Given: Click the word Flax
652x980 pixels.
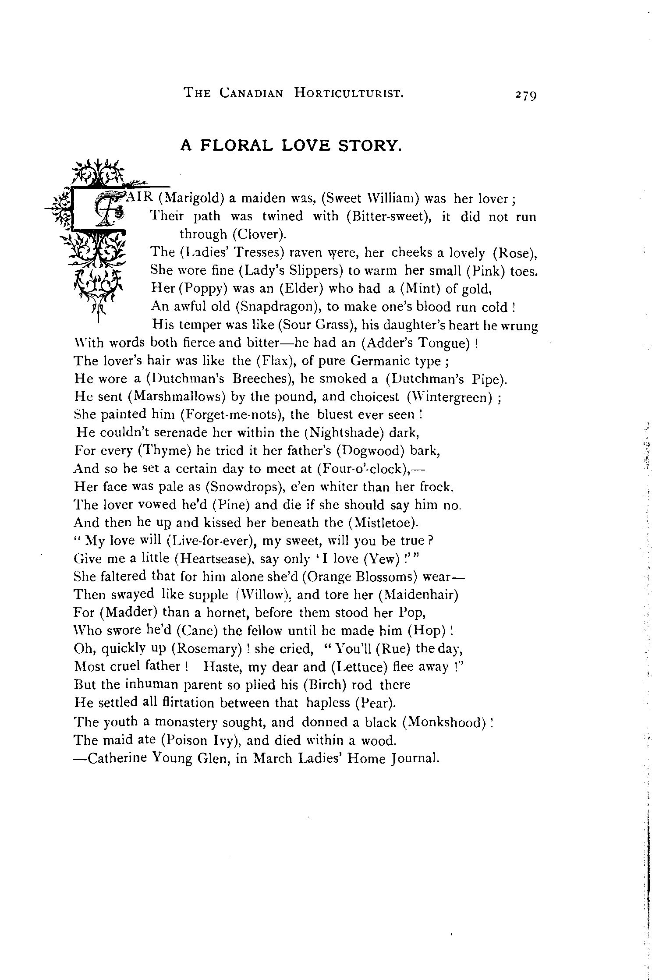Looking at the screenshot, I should coord(272,361).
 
